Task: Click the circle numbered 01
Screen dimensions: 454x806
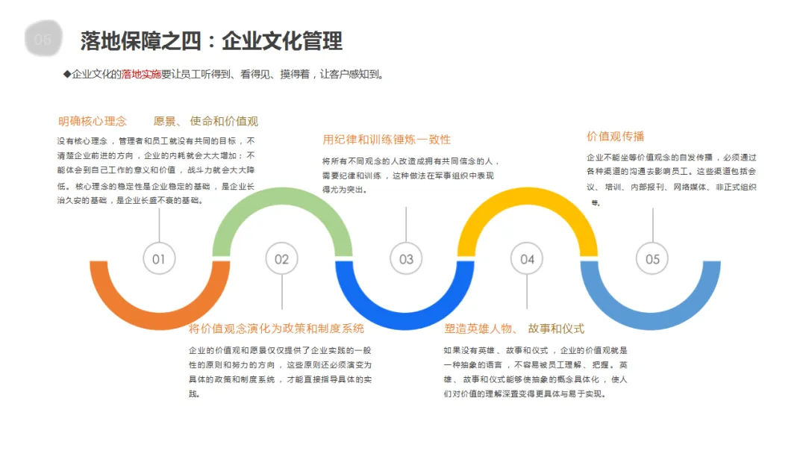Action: tap(159, 259)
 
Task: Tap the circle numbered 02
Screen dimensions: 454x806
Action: tap(281, 259)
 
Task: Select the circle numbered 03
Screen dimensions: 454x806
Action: tap(406, 259)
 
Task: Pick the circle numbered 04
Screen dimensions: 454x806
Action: tap(527, 259)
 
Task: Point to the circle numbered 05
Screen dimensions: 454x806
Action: tap(652, 259)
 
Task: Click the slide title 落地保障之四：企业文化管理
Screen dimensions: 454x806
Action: tap(211, 40)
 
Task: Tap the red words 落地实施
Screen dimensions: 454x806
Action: tap(141, 74)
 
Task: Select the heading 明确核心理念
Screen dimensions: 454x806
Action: tap(93, 121)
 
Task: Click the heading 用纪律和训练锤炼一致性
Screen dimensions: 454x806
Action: tap(387, 140)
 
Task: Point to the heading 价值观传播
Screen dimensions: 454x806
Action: tap(615, 137)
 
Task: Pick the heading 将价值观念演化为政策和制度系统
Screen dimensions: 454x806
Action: tap(276, 329)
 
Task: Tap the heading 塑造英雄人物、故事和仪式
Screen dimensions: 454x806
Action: tap(514, 329)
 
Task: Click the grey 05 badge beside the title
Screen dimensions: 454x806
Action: tap(43, 40)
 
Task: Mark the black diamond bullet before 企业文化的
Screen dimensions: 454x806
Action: tap(66, 74)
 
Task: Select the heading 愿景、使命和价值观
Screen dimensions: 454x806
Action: tap(206, 121)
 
